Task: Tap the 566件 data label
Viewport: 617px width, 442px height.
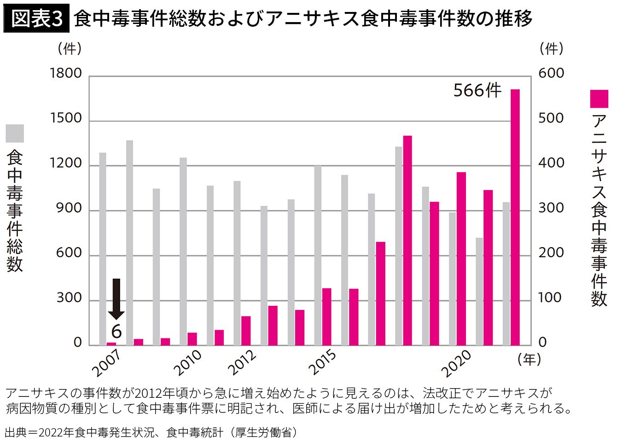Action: (x=477, y=90)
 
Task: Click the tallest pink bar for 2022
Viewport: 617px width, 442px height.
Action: (x=515, y=217)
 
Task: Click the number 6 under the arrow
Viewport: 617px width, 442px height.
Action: (x=116, y=331)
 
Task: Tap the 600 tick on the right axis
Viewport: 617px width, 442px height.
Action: (x=551, y=74)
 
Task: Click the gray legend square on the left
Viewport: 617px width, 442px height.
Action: (x=15, y=133)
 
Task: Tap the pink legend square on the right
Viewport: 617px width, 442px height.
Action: (x=599, y=99)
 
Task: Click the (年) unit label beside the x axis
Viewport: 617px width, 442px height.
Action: (x=530, y=360)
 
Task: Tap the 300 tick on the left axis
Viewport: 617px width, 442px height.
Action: (x=69, y=298)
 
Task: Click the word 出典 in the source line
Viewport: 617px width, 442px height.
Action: (x=14, y=432)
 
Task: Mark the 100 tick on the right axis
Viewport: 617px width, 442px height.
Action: (x=551, y=298)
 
